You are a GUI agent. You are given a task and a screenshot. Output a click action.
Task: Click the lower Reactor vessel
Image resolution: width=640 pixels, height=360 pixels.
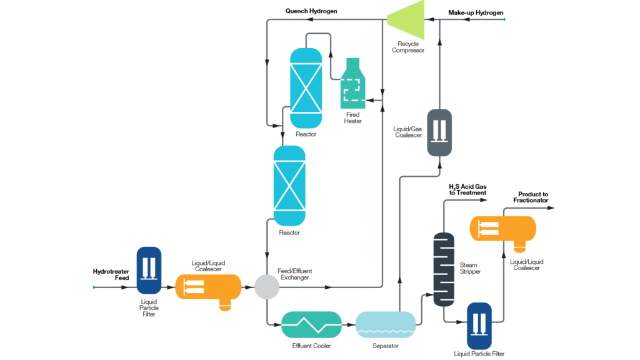tap(289, 186)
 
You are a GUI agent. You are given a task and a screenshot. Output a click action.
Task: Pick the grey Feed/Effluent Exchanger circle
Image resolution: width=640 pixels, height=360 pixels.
tap(267, 287)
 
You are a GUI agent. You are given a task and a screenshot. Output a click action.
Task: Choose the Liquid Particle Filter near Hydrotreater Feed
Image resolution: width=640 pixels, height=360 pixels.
tap(149, 270)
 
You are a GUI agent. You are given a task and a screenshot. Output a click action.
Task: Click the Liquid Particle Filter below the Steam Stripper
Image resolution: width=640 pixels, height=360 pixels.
tap(479, 325)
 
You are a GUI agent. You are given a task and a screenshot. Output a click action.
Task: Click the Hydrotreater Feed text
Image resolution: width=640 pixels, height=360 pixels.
tap(111, 275)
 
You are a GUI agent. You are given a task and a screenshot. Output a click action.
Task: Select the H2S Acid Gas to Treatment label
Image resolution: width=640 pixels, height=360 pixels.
tap(467, 189)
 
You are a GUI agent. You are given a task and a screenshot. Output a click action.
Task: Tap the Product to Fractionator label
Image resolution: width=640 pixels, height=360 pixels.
tap(531, 197)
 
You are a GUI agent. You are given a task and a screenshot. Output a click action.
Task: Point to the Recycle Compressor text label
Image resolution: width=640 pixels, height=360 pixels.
tap(407, 47)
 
